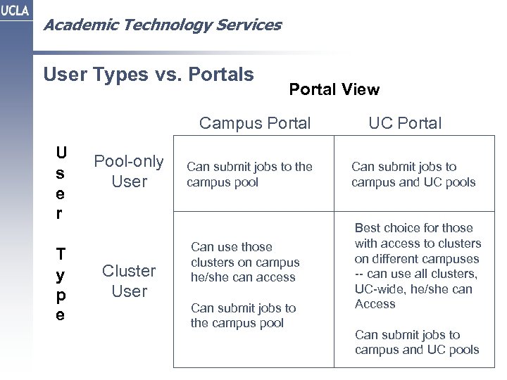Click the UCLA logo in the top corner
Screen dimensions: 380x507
pos(15,15)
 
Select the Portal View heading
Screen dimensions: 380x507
pos(334,89)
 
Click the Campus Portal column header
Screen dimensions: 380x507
pos(255,123)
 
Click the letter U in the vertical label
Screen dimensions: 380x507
pos(62,153)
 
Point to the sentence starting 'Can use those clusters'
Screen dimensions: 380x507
pos(245,262)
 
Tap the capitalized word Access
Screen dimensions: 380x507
pos(375,304)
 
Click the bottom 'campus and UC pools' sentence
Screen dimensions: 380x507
pos(417,342)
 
